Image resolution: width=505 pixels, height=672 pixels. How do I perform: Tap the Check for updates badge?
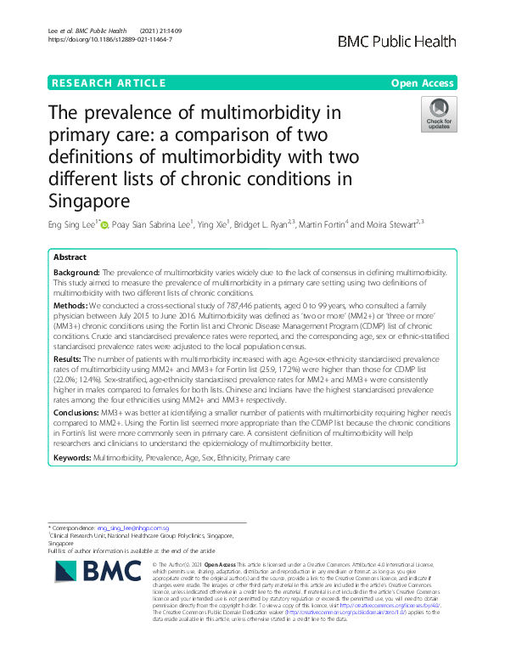click(439, 114)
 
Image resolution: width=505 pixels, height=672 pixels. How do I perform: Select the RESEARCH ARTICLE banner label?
click(108, 82)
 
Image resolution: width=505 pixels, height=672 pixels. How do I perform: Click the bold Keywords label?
click(72, 457)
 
